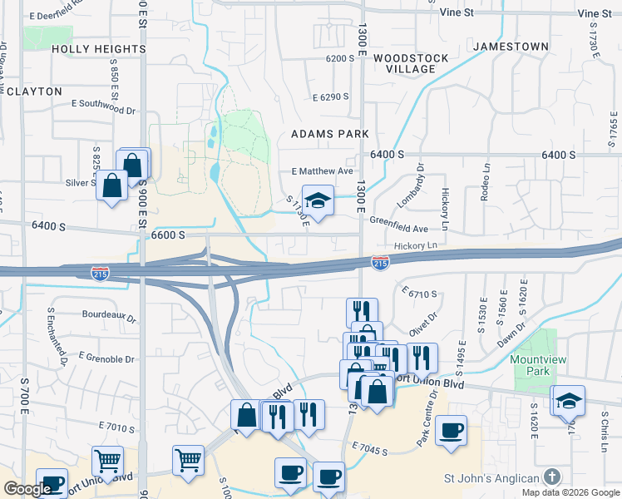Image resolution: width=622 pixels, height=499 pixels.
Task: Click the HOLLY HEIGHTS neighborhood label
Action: point(98,49)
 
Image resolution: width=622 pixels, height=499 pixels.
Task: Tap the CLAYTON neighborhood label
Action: point(34,91)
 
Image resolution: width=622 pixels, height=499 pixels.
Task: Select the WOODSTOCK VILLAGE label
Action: point(410,64)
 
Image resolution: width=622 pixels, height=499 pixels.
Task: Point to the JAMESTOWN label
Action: point(511,47)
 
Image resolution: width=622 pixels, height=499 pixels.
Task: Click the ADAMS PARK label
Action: point(329,134)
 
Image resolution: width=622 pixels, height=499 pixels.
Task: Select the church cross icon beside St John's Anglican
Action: point(550,477)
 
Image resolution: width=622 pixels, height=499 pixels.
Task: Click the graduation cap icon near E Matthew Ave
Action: point(318,200)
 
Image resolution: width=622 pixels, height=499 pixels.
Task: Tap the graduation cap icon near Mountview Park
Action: point(569,401)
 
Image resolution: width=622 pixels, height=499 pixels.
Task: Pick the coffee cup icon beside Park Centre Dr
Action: point(451,431)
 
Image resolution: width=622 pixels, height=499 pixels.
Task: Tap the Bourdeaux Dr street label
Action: point(109,316)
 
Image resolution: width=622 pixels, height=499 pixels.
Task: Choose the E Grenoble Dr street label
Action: point(106,358)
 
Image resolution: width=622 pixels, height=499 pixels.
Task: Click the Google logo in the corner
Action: point(27,489)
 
